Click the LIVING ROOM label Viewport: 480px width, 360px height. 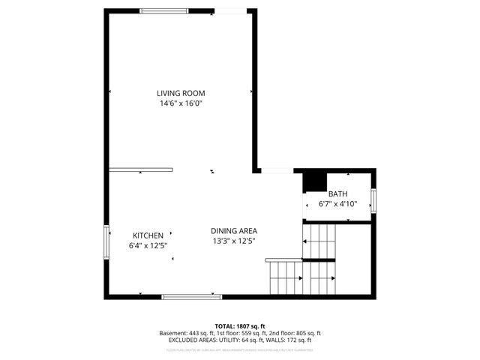[181, 93]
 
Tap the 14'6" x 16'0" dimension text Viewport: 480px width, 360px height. [181, 103]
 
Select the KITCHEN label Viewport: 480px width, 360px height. [148, 235]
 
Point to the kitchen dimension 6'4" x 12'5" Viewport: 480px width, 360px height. [148, 245]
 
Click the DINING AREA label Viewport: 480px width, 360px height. [234, 230]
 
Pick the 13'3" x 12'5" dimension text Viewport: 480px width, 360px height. [234, 241]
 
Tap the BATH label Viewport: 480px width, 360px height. [337, 193]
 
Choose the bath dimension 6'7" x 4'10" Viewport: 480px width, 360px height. [337, 203]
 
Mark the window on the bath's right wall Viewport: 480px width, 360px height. [373, 201]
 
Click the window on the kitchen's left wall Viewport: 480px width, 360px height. [106, 241]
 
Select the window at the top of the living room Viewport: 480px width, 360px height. [164, 10]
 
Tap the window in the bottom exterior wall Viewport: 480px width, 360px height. [191, 297]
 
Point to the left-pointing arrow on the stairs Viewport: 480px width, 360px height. [305, 241]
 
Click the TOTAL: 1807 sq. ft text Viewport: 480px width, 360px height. [240, 325]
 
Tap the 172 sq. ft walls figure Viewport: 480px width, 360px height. [298, 340]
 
